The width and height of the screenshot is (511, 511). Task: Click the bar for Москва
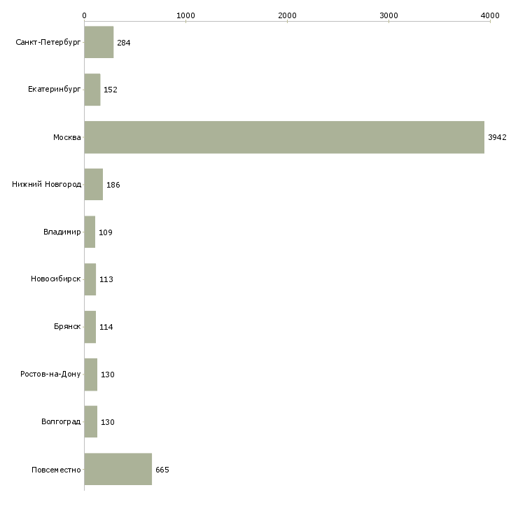pos(284,137)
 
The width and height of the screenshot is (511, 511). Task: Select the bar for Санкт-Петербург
pos(99,43)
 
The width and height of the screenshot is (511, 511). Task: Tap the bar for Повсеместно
pos(118,469)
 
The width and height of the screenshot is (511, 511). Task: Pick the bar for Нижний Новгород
pos(94,185)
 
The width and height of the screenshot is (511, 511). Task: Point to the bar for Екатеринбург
pos(92,90)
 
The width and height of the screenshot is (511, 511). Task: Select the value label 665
pos(162,470)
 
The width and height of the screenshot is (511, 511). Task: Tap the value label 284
pos(124,43)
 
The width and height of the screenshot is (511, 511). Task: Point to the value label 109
pos(106,232)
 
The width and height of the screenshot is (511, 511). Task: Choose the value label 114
pos(106,327)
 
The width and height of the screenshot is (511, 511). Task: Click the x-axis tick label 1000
pos(185,15)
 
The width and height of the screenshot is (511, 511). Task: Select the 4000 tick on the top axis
pos(490,15)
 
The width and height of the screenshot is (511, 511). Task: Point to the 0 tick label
pos(84,15)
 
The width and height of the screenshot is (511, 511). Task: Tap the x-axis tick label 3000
pos(388,15)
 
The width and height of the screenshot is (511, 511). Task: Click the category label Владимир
pos(62,232)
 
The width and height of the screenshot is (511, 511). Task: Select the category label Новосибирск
pos(56,279)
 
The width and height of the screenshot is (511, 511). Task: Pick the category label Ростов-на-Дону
pos(51,374)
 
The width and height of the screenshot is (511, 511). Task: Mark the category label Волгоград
pos(61,422)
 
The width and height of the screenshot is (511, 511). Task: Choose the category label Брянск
pos(67,327)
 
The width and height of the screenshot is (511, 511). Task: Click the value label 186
pos(113,185)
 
